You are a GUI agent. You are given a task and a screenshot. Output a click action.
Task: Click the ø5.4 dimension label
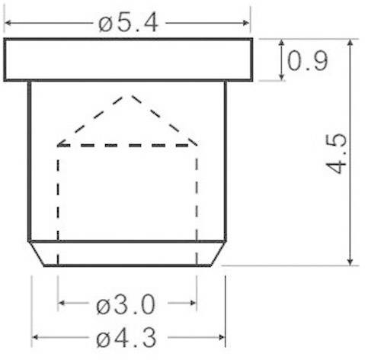click(127, 22)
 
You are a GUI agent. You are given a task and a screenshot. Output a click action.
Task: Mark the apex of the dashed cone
click(132, 96)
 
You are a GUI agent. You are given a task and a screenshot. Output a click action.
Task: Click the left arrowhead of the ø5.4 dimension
click(9, 22)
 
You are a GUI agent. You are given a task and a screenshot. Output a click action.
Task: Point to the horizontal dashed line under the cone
click(127, 144)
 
